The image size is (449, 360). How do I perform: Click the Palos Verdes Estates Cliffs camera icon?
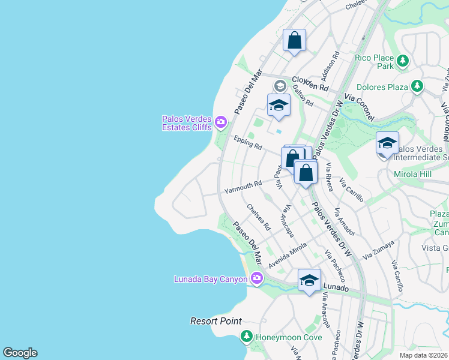coord(220,122)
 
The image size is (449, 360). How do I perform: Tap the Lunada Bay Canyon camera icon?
coord(257,278)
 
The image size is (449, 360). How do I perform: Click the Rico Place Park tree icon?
coord(403,61)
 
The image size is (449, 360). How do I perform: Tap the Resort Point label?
coord(216,321)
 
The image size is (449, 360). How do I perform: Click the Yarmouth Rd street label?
coord(243,187)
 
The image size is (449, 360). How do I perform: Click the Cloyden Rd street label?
coord(310,83)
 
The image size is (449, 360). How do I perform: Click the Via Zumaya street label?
coord(378,250)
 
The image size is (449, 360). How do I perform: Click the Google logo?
coord(20,353)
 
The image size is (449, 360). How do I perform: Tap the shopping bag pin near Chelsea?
coord(294,41)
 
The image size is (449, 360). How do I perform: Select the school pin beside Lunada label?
coord(309,280)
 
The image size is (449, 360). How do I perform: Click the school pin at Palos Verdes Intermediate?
coord(387,143)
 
